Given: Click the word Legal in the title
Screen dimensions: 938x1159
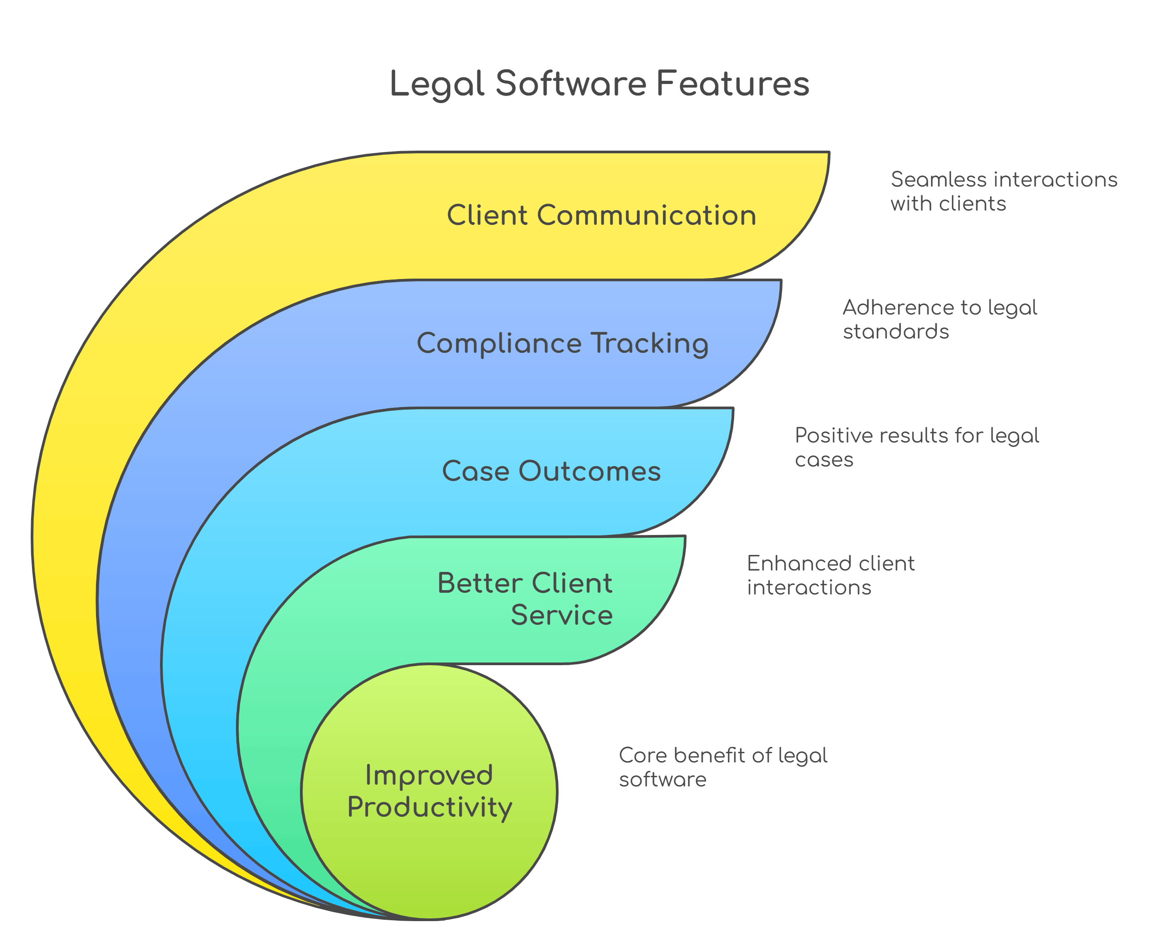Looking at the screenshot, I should (x=436, y=84).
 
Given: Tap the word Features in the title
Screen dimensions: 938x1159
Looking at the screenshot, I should (x=733, y=84).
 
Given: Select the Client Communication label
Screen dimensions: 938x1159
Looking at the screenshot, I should (x=601, y=215).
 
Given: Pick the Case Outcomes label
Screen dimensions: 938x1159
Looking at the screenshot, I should (x=551, y=471).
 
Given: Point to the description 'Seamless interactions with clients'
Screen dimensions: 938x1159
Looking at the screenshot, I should (x=1003, y=191).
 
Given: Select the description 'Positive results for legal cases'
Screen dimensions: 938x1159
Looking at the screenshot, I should (x=916, y=447).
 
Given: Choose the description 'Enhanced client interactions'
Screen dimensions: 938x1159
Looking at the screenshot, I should (x=831, y=575).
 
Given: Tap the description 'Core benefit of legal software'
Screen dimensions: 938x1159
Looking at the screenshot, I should (x=723, y=767).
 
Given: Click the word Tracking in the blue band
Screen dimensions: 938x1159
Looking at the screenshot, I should (x=649, y=343).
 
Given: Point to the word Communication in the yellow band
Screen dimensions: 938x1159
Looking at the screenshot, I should (x=646, y=215).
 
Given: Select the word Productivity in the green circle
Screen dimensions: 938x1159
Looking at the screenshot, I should (x=430, y=808).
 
